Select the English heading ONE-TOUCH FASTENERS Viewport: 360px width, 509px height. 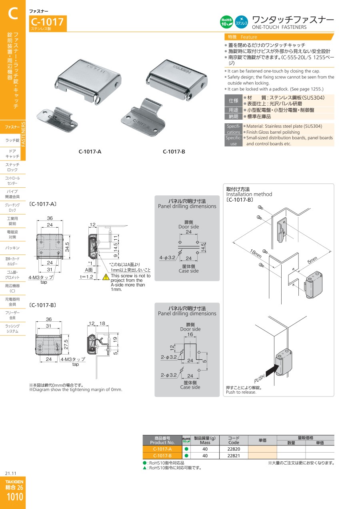279,27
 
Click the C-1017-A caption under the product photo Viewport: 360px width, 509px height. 90,152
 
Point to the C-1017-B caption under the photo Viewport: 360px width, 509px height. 174,152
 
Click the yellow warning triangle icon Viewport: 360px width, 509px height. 106,276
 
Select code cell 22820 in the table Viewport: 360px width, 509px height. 234,449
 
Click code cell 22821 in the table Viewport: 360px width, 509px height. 234,456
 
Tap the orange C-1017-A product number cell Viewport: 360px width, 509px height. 162,449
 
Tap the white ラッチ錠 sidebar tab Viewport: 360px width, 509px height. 12,140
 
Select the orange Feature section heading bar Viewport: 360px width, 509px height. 278,37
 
